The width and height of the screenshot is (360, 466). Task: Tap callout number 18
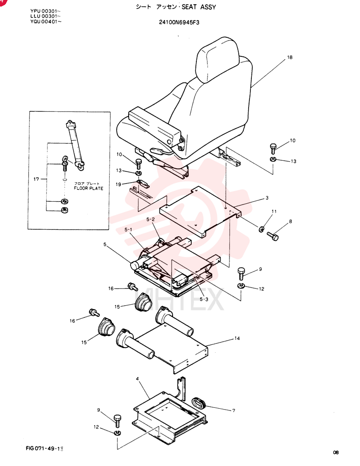290,57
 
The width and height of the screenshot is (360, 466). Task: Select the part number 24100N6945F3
179,22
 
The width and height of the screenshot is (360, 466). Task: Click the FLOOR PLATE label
89,188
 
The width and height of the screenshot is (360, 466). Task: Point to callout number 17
36,179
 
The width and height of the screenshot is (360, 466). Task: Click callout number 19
118,184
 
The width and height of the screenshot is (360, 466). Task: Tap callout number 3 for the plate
267,198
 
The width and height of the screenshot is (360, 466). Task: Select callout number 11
274,211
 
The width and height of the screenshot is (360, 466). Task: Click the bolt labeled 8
273,236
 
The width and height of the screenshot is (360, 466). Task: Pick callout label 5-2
151,219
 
